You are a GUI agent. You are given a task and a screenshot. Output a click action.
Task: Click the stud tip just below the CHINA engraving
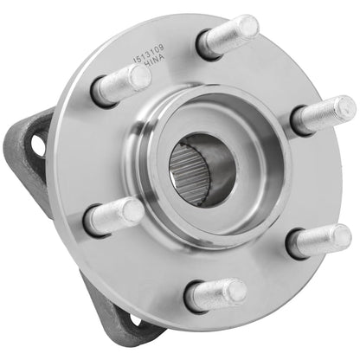point(139,76)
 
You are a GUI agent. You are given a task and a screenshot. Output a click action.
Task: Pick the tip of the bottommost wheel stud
point(239,291)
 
